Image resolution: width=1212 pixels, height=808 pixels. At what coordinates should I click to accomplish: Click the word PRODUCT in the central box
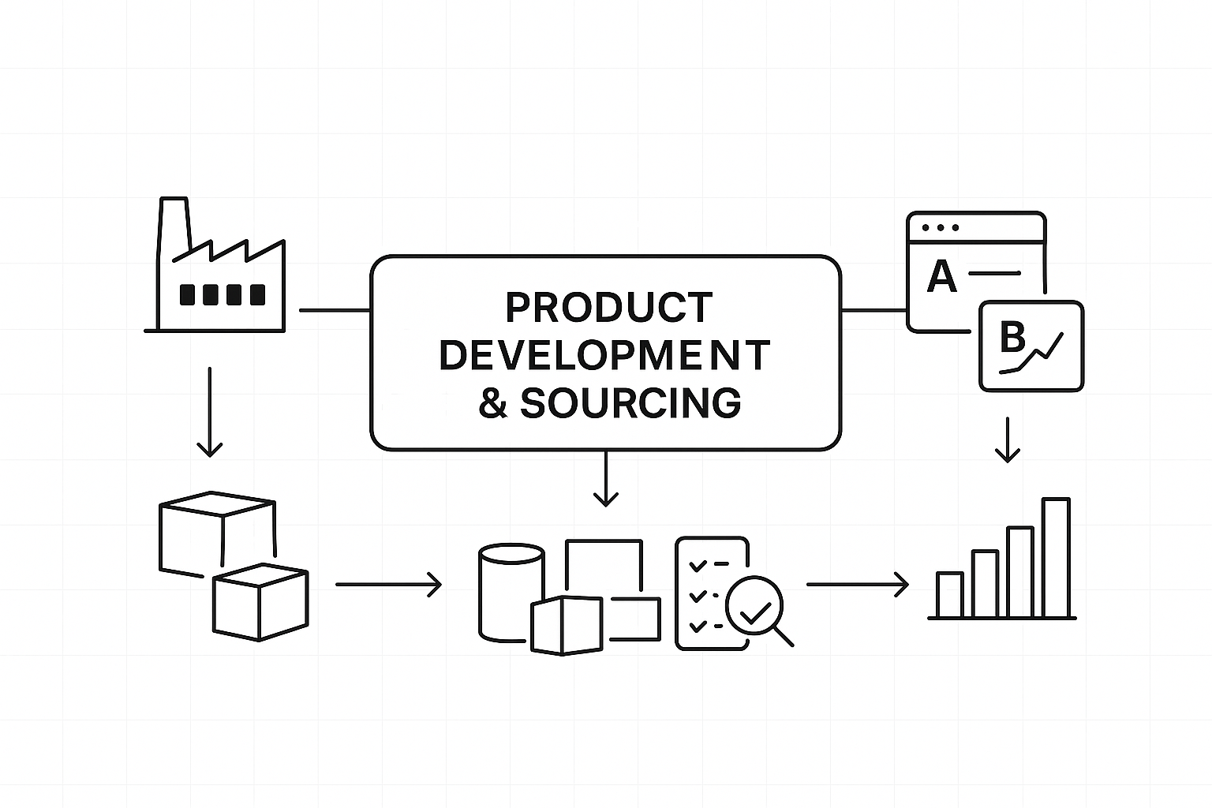[608, 308]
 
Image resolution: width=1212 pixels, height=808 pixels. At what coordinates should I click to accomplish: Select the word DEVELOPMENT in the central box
[604, 355]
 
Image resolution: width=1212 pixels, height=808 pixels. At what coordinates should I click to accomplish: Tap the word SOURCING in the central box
[630, 402]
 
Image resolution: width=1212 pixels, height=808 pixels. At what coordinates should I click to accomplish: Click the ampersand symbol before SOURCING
[493, 403]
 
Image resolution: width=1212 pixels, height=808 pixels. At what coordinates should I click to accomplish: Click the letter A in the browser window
[941, 276]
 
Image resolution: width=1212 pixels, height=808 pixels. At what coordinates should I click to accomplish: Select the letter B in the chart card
[1012, 339]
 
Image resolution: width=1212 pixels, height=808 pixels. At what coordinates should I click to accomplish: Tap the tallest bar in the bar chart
[1056, 557]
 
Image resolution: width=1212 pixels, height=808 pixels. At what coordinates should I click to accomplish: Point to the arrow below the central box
[605, 479]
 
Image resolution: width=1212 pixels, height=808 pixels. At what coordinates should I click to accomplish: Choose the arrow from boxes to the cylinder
[388, 585]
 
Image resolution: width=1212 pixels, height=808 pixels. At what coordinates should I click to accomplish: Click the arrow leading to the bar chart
[857, 585]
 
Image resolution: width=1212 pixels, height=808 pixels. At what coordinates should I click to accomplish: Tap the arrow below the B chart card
[1007, 440]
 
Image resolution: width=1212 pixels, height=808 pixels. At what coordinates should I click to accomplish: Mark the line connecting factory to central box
[335, 310]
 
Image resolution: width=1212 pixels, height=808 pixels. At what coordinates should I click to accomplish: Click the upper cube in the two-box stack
[217, 529]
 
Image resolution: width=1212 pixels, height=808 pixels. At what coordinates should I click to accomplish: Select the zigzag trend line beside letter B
[1042, 352]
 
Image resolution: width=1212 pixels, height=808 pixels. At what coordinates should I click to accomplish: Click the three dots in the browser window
[941, 227]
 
